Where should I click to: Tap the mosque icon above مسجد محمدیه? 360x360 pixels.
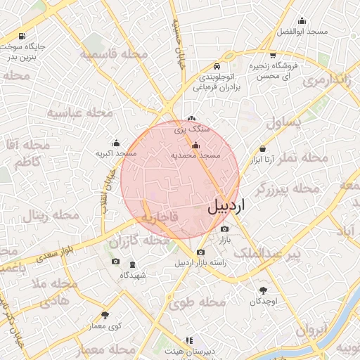195,146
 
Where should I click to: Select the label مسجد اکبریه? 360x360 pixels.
115,153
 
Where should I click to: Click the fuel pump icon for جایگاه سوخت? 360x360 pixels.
24,36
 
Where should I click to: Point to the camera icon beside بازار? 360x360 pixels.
224,229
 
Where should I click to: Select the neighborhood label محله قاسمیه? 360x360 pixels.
113,54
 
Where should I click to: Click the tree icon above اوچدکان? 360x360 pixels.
264,290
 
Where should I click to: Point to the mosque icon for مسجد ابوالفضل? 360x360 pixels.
303,22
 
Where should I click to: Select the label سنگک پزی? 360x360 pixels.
192,129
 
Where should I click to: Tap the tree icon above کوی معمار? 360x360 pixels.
105,315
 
